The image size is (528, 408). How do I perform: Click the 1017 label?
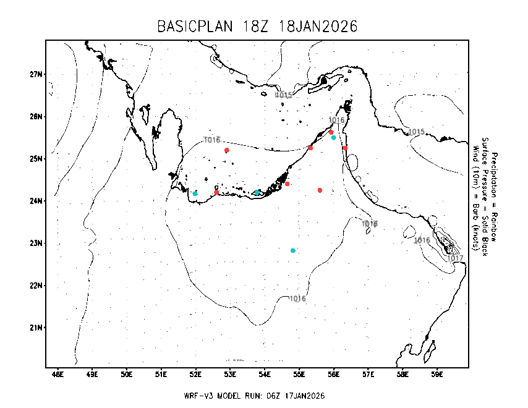point(455,258)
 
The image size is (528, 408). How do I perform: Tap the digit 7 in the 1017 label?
point(461,258)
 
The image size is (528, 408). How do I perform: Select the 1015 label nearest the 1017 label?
point(417,132)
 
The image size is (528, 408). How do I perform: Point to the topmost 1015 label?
point(284,95)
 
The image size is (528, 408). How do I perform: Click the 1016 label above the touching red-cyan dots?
point(336,120)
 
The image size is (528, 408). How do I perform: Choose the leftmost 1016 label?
point(212,140)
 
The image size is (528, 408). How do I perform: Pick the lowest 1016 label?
point(298,299)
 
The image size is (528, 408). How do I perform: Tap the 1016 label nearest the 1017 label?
point(422,240)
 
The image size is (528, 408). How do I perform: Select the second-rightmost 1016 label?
point(370,224)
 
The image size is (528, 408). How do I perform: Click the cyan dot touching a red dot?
point(334,137)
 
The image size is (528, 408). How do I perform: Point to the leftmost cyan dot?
point(195,193)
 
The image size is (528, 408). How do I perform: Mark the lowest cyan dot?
point(293,250)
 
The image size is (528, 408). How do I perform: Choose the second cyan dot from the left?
point(257,192)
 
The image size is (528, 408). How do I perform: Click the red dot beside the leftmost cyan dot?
point(216,192)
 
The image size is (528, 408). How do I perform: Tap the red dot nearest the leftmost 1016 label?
point(227,150)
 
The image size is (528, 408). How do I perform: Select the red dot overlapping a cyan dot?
point(331,132)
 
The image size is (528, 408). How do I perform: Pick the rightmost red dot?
point(345,148)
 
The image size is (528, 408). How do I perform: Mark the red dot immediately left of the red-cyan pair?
point(310,148)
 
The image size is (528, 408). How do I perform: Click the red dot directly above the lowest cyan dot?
point(287,184)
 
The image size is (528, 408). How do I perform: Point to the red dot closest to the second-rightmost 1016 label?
point(320,190)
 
